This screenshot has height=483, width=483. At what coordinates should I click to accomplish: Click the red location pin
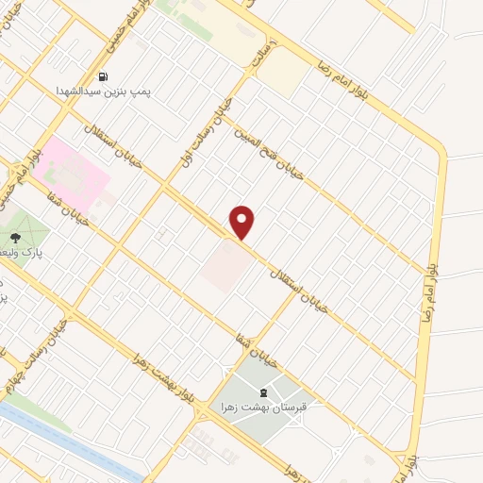[x=242, y=222]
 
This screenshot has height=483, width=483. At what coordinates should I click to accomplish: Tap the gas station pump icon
[x=102, y=77]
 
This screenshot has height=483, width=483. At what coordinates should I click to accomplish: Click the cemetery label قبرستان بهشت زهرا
[x=263, y=407]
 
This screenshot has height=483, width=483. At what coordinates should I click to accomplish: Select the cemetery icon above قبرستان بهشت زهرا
[x=263, y=392]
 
